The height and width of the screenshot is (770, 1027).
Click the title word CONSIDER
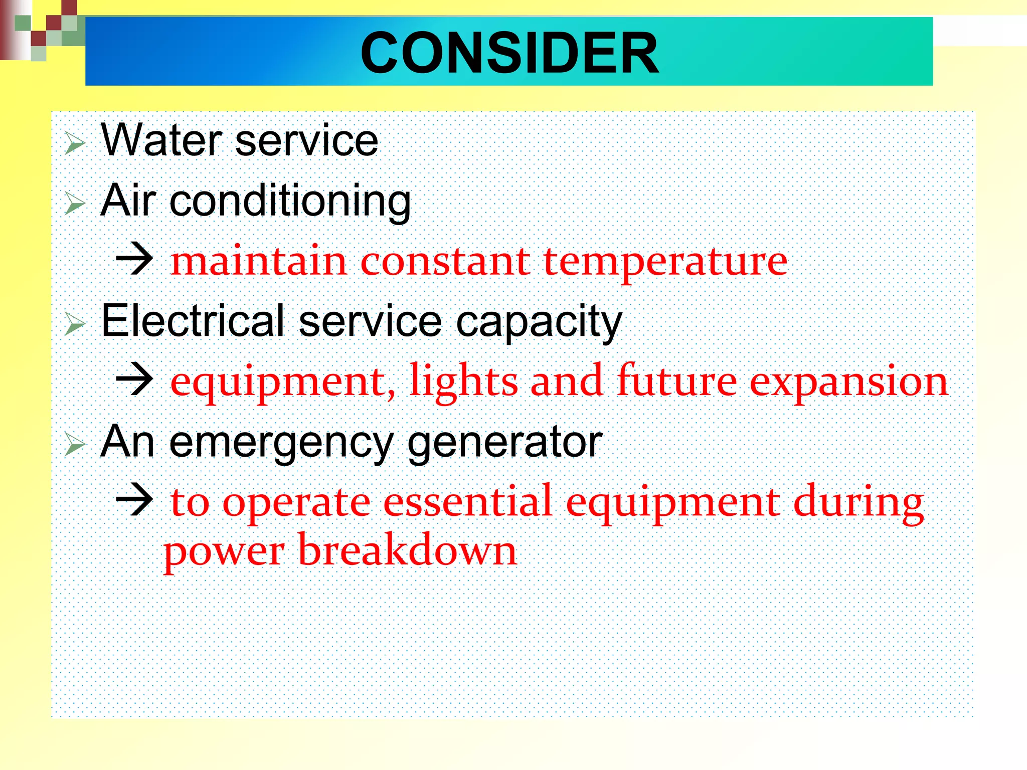click(509, 53)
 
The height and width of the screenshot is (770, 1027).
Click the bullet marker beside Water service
click(75, 144)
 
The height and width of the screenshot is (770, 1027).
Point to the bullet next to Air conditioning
click(75, 204)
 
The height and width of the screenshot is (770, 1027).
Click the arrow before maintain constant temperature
click(134, 259)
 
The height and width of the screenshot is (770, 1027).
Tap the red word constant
click(445, 261)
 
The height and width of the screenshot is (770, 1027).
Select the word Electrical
click(194, 321)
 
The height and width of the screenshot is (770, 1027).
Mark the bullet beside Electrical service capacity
click(75, 324)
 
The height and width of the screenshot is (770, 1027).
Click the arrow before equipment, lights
click(134, 379)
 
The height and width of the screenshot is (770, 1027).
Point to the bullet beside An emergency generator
click(75, 445)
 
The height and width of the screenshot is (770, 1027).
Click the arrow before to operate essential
click(134, 500)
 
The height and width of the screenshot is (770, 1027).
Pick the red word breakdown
click(407, 550)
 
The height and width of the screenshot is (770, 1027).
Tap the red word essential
click(468, 501)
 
